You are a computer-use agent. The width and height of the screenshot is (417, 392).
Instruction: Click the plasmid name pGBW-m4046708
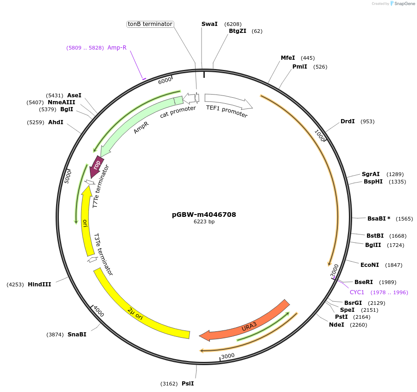204,215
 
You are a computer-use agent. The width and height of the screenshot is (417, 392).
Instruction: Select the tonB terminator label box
150,24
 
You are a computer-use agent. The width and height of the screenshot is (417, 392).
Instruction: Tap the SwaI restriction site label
209,24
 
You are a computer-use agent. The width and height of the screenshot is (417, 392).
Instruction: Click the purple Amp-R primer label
117,48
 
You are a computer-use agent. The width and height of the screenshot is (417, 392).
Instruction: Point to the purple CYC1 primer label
357,292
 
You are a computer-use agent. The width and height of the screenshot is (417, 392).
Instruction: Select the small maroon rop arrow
97,166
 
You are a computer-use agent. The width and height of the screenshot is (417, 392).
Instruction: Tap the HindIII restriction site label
39,285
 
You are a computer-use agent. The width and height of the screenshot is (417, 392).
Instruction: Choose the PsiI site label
188,384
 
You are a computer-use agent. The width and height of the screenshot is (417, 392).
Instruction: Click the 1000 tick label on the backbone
320,135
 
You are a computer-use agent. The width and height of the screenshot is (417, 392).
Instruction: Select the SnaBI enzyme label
77,335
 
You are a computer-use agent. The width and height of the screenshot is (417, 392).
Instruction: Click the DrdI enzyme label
347,121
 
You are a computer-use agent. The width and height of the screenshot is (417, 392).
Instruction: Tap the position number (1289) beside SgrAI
395,174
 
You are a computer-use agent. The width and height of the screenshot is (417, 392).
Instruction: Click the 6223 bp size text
204,222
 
